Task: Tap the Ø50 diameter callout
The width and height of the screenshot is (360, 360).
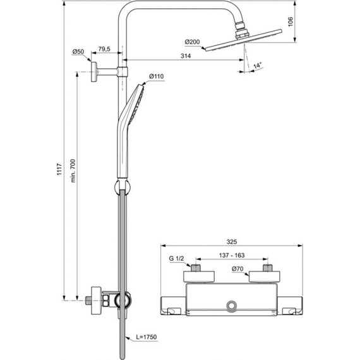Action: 78,51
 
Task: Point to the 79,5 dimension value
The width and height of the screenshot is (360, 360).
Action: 105,49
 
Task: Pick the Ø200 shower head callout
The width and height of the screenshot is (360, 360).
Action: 192,42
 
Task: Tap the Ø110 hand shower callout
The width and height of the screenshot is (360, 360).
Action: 156,77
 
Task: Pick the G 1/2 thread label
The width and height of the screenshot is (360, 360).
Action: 177,258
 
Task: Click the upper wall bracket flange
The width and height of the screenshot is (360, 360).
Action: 93,72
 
